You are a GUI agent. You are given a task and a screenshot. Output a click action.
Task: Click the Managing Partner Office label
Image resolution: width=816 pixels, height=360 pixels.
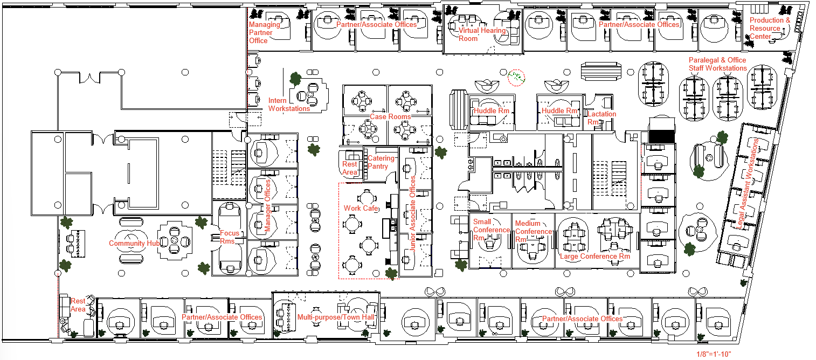[x=264, y=32]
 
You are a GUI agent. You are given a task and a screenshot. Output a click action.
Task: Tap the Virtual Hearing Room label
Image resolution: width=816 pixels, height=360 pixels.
[x=482, y=34]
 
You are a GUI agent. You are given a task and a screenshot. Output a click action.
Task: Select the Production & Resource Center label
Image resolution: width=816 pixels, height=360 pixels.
[x=770, y=29]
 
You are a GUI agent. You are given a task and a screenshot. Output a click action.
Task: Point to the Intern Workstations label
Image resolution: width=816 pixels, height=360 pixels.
[x=289, y=105]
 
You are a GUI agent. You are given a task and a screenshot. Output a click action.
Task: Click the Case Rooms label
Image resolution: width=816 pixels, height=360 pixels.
[x=390, y=116]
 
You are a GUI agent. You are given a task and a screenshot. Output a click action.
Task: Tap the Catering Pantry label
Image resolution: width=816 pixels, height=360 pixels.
[x=381, y=162]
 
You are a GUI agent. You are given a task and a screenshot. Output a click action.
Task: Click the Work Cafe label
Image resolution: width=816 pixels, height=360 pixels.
[x=361, y=208]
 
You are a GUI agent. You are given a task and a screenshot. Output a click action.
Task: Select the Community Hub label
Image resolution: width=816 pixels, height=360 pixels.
[x=134, y=243]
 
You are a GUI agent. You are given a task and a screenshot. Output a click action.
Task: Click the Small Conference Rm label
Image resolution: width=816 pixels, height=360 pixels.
[x=490, y=230]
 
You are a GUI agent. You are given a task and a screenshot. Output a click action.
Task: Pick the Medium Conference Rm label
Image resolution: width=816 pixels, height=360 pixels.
[x=533, y=231]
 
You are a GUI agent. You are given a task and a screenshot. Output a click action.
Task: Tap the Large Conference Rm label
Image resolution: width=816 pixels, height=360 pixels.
[x=595, y=257]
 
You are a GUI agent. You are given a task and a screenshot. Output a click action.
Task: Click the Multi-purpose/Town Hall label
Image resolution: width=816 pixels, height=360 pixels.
[x=336, y=317]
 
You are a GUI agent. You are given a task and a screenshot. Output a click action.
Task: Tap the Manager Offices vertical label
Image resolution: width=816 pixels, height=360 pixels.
[x=268, y=206]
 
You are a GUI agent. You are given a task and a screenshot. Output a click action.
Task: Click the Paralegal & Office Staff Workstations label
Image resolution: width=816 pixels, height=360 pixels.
[x=717, y=64]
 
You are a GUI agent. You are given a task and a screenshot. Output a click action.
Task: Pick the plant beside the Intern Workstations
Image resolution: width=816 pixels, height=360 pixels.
[x=295, y=79]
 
